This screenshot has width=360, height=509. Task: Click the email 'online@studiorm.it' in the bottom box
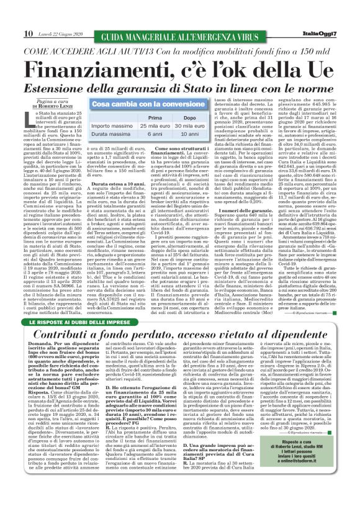pos(310,495)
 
